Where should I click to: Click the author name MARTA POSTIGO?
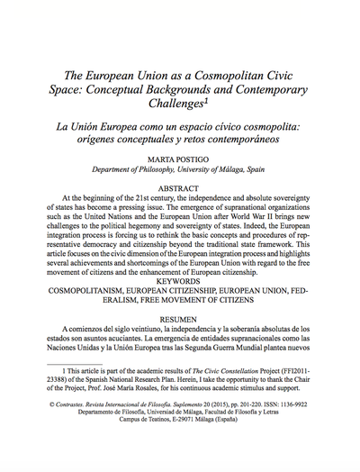[x=179, y=157]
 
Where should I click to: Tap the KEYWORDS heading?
[x=179, y=280]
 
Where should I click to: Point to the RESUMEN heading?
[x=179, y=319]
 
